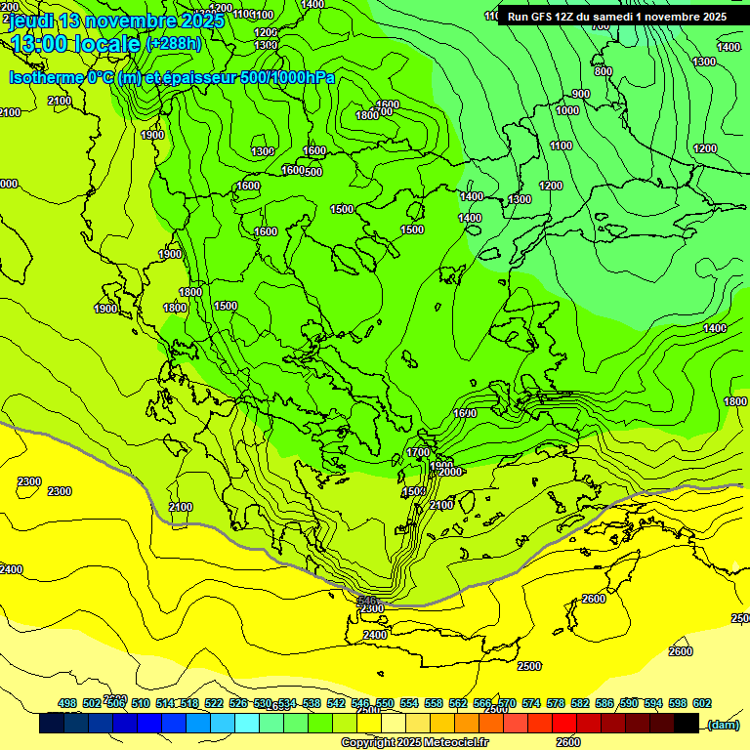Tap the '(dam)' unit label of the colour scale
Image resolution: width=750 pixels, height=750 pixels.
tap(723, 724)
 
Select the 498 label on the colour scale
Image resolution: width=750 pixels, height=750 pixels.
tap(67, 703)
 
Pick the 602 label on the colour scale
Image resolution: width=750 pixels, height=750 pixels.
tap(702, 703)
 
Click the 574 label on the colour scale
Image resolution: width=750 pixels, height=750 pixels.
tap(531, 703)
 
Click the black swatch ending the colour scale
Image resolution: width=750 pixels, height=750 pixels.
tap(687, 724)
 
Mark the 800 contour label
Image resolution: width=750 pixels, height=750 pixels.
tap(603, 71)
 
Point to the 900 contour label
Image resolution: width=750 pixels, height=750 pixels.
tap(581, 94)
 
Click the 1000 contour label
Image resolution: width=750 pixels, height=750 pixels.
tap(567, 110)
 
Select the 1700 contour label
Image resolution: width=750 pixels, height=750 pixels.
tap(418, 452)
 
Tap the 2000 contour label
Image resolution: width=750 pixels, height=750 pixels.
tap(449, 472)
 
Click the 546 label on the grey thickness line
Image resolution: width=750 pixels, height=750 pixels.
tap(367, 601)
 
